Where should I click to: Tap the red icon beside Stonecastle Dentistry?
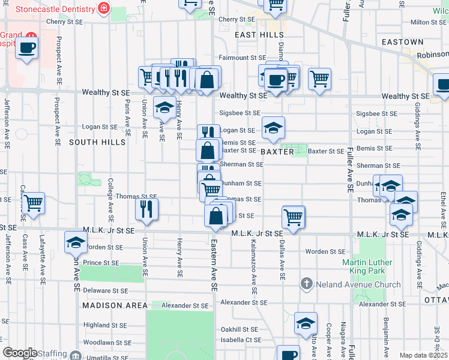104,9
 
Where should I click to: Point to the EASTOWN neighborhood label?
403,42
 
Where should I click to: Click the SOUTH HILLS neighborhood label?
97,142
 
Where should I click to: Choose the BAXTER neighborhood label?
277,152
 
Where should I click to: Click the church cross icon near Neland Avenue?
306,284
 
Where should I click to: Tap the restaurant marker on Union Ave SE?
146,208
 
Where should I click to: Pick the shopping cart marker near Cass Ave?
33,203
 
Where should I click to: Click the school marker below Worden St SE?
76,242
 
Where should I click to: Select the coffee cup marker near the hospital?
26,47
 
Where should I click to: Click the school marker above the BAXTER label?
273,128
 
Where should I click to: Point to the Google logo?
20,353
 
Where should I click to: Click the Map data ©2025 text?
423,355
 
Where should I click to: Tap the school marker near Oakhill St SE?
306,323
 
